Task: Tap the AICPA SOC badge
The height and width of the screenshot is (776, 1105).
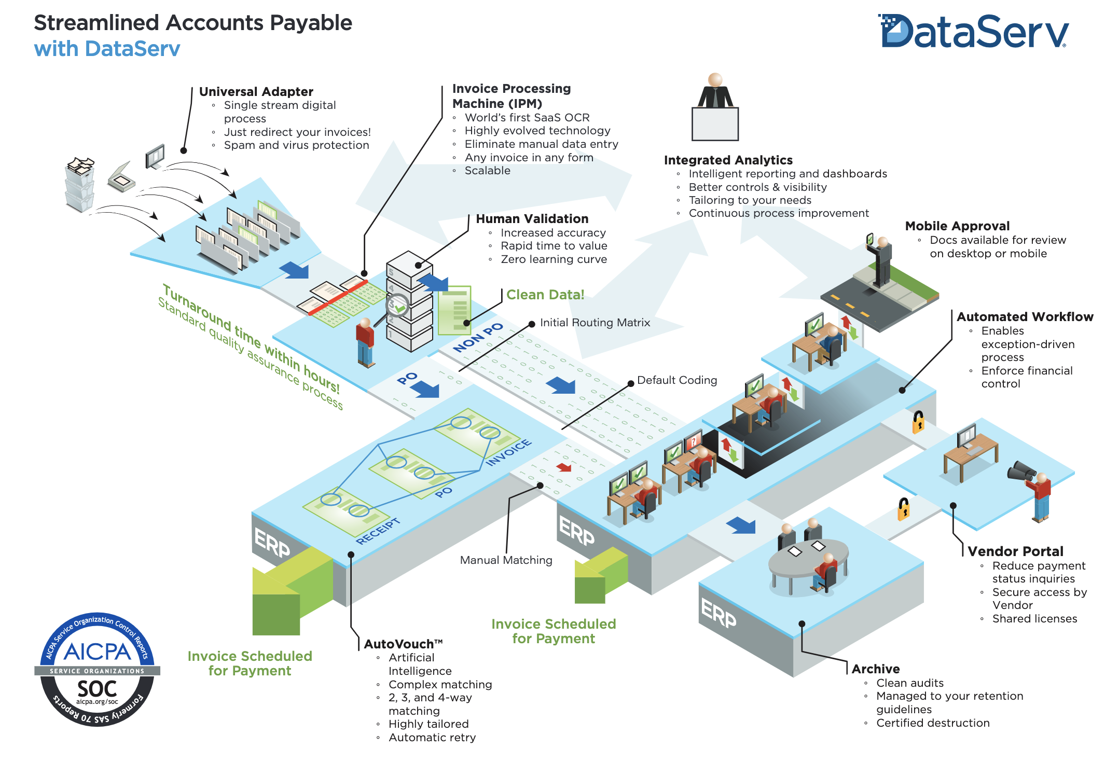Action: [x=97, y=669]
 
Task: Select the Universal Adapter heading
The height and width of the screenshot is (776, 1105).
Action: [x=256, y=92]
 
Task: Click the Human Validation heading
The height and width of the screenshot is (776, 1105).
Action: [x=532, y=219]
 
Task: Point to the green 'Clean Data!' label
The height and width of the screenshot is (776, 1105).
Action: [x=545, y=295]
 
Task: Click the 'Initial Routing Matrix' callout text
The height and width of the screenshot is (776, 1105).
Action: [x=595, y=323]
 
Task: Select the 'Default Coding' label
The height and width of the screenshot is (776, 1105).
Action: [x=676, y=380]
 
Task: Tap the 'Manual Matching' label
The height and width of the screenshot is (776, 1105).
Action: [x=506, y=560]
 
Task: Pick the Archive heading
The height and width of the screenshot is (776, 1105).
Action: [x=875, y=669]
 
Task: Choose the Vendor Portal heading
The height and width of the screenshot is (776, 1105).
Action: [x=1015, y=551]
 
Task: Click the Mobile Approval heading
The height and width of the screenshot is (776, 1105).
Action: [x=957, y=226]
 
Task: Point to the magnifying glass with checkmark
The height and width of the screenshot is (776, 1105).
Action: [x=398, y=307]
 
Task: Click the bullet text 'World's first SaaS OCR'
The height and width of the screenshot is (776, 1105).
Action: [x=527, y=118]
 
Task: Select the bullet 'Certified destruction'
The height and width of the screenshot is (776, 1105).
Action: [x=932, y=723]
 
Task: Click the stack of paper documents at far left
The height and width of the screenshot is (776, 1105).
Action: [x=80, y=184]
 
